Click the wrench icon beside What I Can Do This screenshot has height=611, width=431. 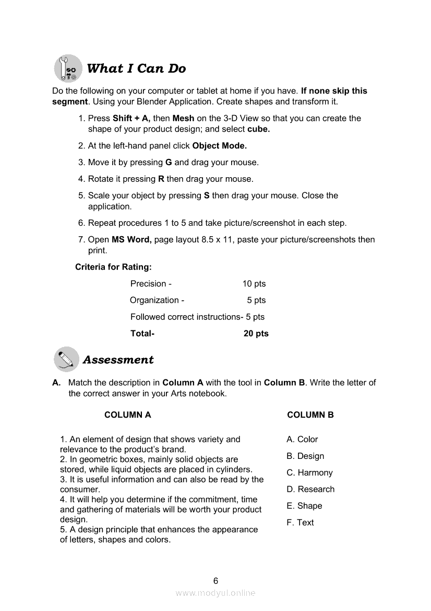(x=68, y=69)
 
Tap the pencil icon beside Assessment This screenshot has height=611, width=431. (x=66, y=360)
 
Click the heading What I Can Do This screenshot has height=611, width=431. (x=136, y=68)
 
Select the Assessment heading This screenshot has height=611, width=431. (x=118, y=360)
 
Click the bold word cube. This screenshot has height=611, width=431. (x=258, y=129)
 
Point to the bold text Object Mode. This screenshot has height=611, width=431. (x=219, y=146)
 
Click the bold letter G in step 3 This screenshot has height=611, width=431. (x=169, y=163)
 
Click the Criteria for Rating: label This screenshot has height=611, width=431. (x=113, y=267)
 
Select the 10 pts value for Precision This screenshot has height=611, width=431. (x=254, y=284)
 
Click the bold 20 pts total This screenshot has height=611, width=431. (x=256, y=333)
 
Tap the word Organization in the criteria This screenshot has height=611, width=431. (x=154, y=300)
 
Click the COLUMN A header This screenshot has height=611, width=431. (x=128, y=415)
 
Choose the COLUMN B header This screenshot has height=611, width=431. (x=310, y=415)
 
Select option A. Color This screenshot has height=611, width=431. (x=302, y=440)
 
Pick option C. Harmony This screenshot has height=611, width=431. (x=309, y=472)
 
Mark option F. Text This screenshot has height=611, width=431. (x=300, y=522)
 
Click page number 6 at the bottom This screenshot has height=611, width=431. (x=215, y=581)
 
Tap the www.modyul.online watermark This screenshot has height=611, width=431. (x=215, y=593)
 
